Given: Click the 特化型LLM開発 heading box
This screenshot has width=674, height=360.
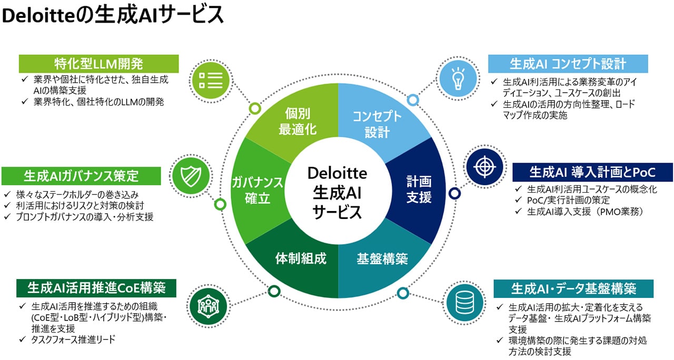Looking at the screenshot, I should [x=99, y=64].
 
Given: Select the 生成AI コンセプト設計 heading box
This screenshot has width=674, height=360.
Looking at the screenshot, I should [x=568, y=64].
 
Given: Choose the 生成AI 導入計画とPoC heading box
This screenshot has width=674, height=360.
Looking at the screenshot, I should [x=592, y=172].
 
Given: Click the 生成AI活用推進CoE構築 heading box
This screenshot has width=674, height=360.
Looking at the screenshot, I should [x=96, y=288].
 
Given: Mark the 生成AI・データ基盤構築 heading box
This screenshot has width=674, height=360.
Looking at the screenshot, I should [x=573, y=288].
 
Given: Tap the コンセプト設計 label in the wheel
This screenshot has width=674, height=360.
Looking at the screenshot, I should [x=377, y=124].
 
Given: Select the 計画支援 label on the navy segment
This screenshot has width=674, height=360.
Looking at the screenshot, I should [x=419, y=189].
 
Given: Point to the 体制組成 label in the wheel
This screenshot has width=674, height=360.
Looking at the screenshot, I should [x=301, y=258].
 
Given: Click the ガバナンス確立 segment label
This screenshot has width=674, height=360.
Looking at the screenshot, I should [x=257, y=190].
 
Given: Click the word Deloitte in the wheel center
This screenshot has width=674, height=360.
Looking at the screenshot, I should [x=337, y=172].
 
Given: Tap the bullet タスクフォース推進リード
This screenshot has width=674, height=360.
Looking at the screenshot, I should [x=73, y=339].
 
